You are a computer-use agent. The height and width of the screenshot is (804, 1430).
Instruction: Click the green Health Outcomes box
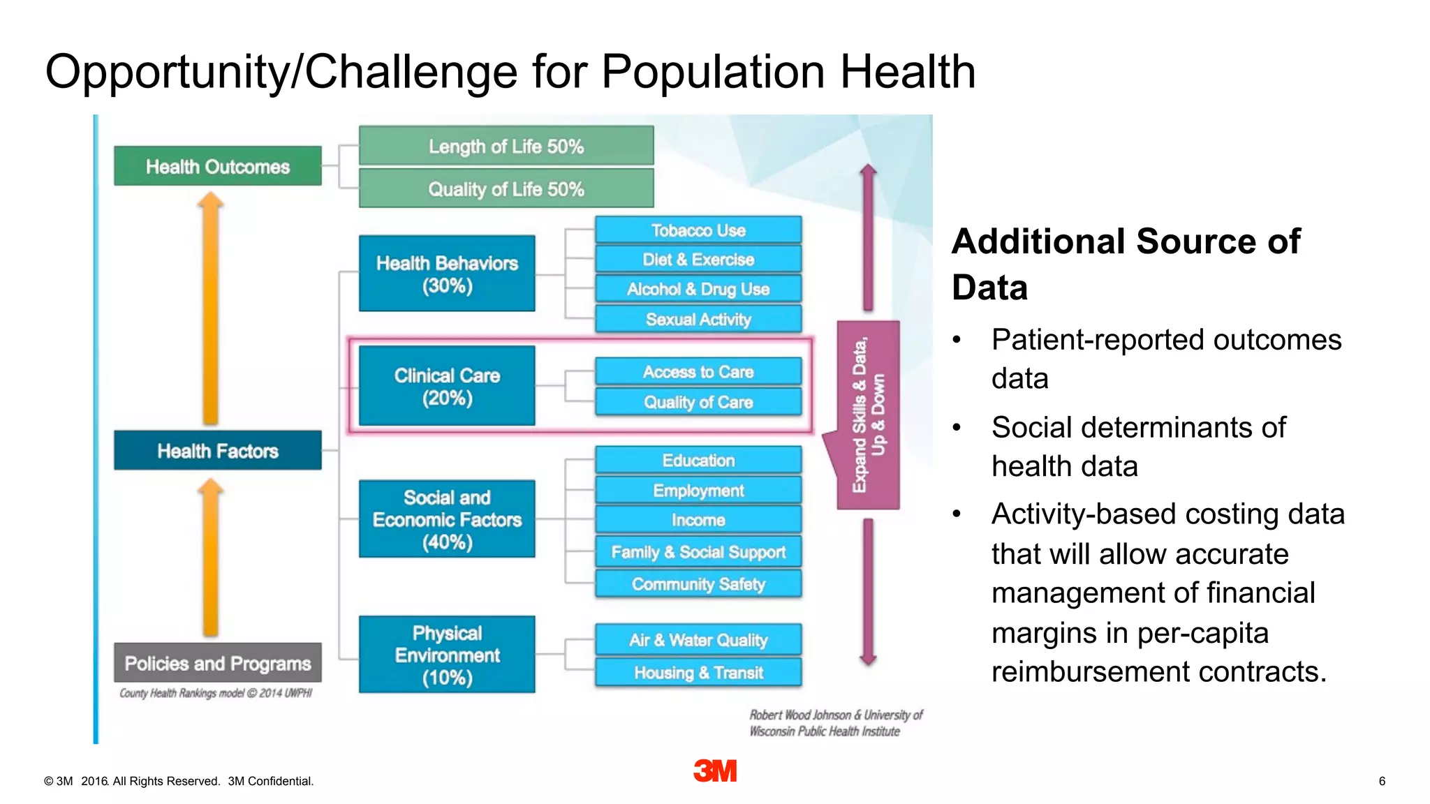[217, 166]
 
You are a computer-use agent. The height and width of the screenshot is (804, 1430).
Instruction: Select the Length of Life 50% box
[506, 146]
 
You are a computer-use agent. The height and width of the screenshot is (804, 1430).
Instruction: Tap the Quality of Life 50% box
[506, 188]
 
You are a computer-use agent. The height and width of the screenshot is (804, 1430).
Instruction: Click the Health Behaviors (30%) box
[447, 274]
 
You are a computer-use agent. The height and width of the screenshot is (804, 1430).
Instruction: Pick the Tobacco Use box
[698, 230]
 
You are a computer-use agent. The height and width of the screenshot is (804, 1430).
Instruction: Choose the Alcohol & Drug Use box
[698, 288]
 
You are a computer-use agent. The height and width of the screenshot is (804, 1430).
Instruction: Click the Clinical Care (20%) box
[447, 386]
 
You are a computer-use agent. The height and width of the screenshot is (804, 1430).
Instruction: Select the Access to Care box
[698, 371]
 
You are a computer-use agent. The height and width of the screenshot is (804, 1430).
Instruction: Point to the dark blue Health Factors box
[217, 450]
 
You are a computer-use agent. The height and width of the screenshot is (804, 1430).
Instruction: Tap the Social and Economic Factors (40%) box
[447, 519]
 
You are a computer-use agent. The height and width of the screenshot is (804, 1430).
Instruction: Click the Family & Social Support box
[698, 551]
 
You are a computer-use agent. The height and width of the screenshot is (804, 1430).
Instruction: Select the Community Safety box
[698, 583]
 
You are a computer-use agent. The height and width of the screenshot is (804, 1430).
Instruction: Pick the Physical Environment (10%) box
[447, 655]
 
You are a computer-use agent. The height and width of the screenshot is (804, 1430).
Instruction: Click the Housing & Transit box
[698, 672]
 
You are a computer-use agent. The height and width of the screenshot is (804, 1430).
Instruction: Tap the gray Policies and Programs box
[217, 662]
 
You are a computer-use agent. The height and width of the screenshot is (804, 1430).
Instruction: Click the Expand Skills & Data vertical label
[868, 415]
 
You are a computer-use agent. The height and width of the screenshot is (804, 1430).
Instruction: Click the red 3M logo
[715, 770]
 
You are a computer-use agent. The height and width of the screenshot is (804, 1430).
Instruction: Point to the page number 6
[1381, 781]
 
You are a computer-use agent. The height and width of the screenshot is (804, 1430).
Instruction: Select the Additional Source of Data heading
[1126, 264]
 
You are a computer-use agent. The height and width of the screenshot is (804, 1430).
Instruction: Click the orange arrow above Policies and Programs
[210, 557]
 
